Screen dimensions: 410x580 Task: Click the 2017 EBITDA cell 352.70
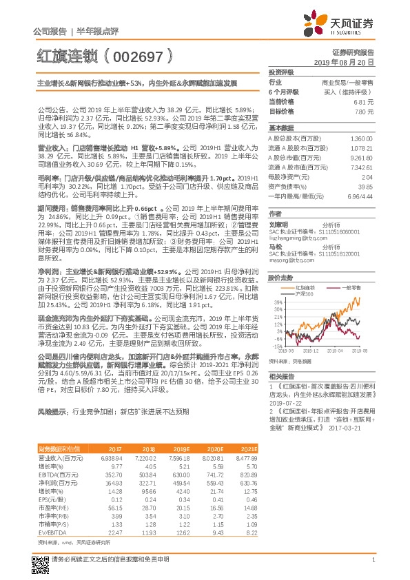coord(112,475)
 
